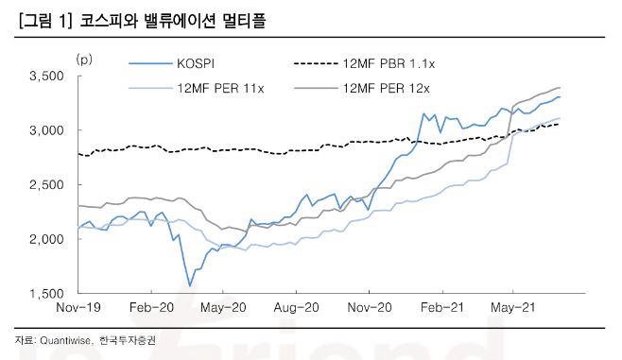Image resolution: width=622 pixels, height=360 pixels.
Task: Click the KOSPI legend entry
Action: [x=196, y=63]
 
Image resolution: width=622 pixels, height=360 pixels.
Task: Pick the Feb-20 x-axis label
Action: [x=149, y=308]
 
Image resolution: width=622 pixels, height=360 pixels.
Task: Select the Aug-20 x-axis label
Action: [x=294, y=308]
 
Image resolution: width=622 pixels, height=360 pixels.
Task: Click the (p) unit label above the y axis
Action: [x=84, y=60]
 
